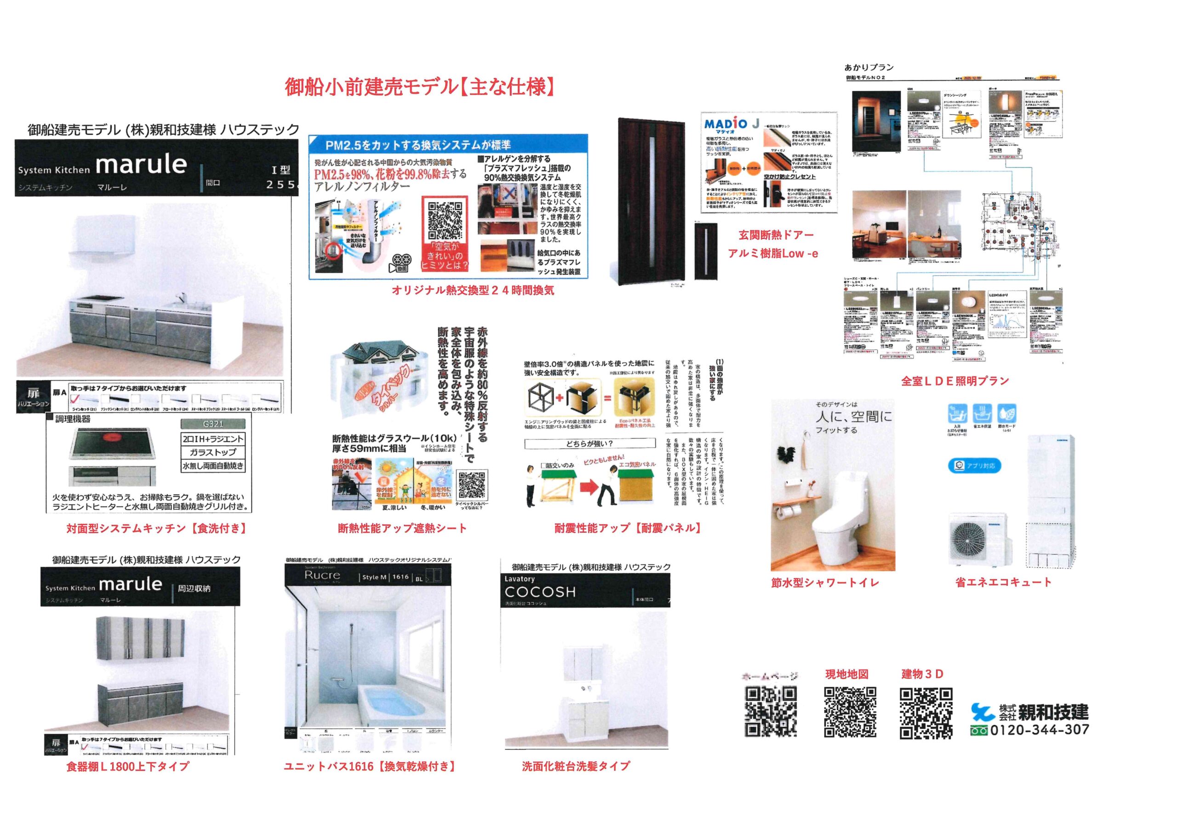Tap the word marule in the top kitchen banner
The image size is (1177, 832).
point(141,165)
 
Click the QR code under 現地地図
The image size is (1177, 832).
point(850,712)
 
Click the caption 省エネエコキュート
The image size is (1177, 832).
point(1003,582)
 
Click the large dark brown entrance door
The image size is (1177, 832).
point(651,200)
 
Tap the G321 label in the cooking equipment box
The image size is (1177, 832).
point(213,424)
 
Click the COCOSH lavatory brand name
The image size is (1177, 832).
point(540,592)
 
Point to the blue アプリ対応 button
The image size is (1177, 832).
point(974,466)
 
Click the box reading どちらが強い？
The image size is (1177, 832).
point(589,444)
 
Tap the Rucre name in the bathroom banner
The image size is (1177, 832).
point(322,575)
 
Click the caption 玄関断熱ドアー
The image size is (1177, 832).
point(775,235)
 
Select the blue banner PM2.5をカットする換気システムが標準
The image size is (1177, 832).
point(418,144)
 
